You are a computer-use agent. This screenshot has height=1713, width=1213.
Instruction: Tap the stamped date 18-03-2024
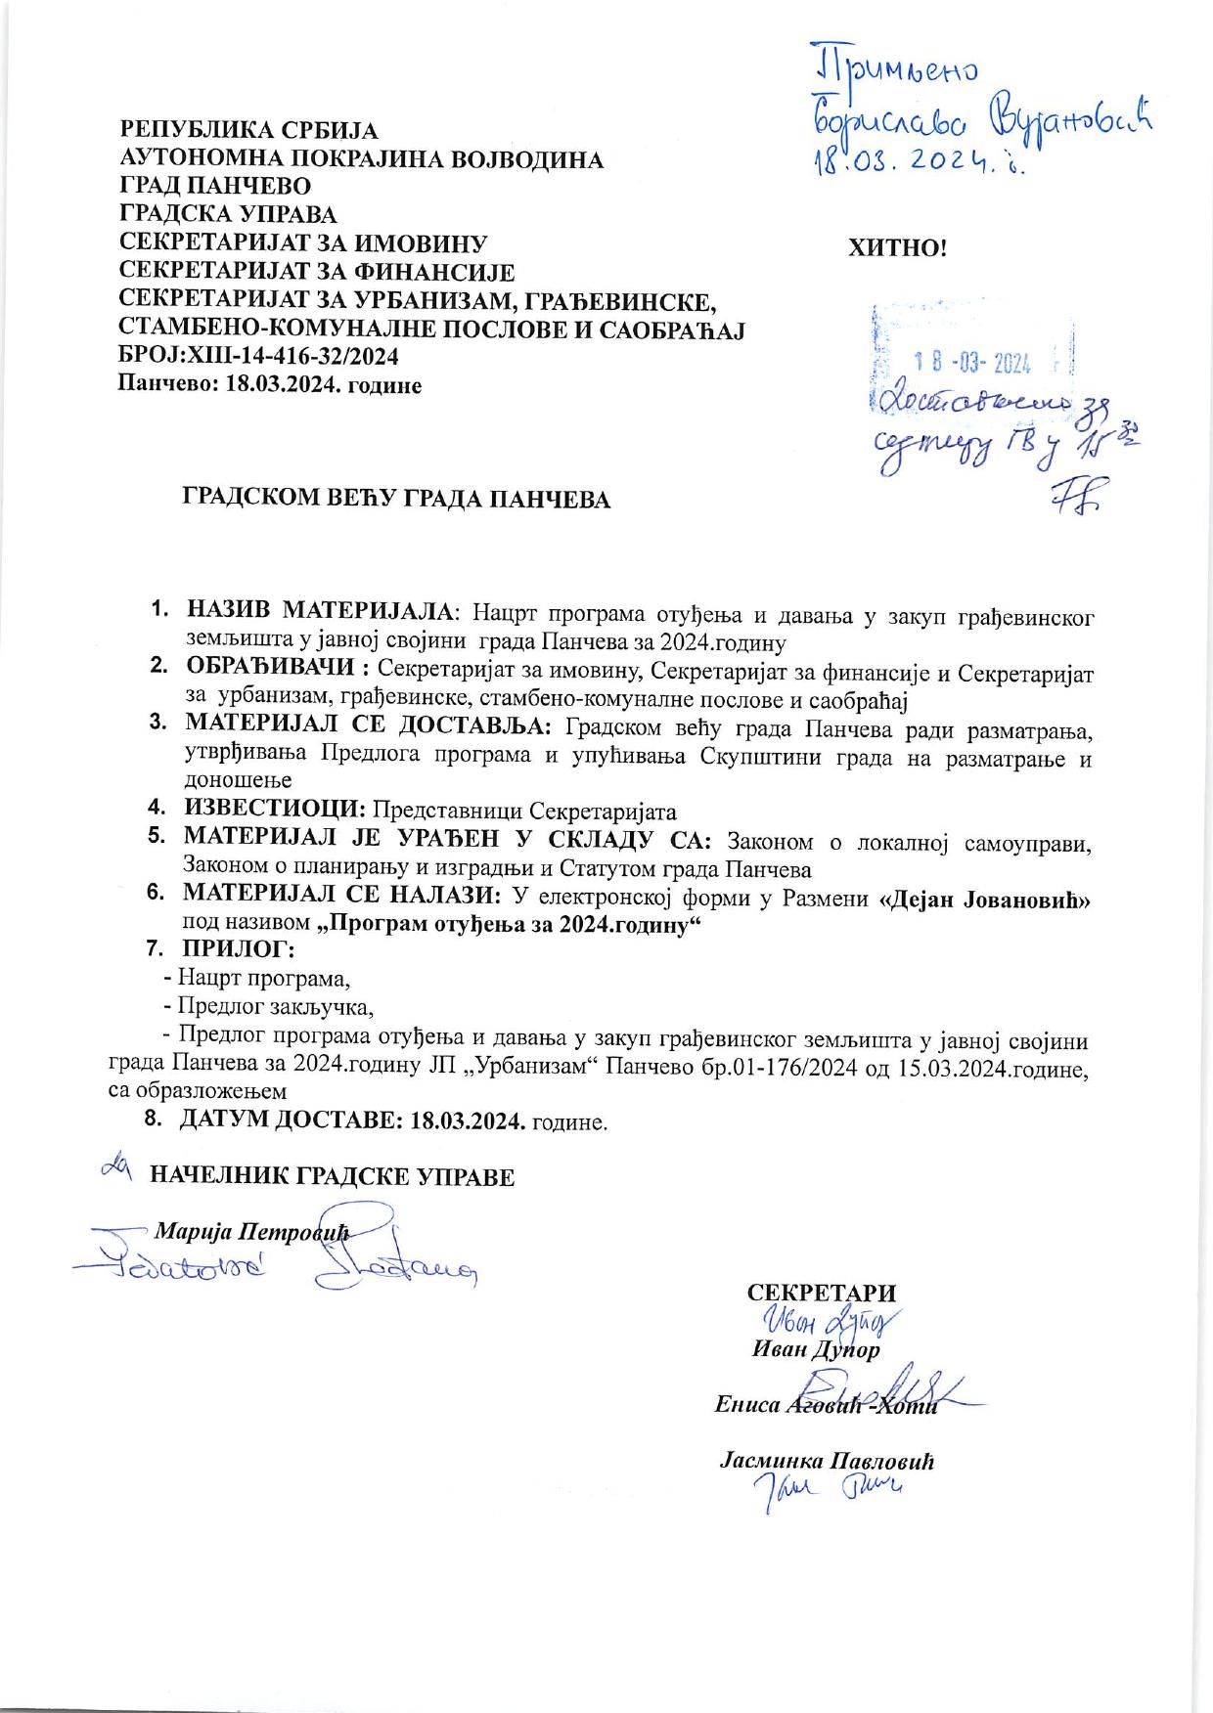(x=972, y=365)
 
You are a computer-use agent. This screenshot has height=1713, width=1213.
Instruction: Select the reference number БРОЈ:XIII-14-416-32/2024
(x=258, y=357)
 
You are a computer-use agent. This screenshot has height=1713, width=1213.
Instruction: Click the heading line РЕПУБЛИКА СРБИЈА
(x=248, y=130)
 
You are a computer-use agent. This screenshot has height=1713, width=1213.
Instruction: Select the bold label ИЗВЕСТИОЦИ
(x=274, y=811)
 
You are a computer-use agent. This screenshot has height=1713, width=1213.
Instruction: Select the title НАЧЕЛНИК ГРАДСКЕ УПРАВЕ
(x=332, y=1176)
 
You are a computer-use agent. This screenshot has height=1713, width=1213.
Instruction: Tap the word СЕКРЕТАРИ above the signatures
(x=822, y=1292)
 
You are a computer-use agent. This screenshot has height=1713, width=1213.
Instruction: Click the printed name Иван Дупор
(x=815, y=1350)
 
